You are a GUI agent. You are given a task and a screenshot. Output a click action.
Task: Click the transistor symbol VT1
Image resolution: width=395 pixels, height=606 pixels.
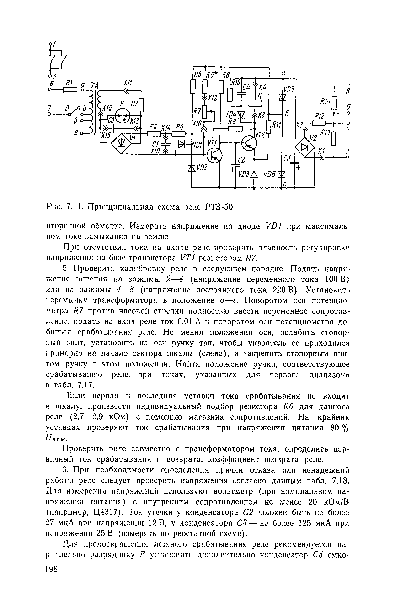pyautogui.click(x=214, y=155)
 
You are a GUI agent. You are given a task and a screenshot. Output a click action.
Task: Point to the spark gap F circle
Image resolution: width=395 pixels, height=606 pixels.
pyautogui.click(x=123, y=116)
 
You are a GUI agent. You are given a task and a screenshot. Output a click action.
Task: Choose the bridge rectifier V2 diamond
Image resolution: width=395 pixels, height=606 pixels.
pyautogui.click(x=305, y=147)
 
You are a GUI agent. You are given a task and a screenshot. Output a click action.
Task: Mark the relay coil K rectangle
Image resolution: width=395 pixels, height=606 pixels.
pyautogui.click(x=255, y=103)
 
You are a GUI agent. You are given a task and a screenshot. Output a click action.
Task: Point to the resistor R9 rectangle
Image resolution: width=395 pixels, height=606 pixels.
pyautogui.click(x=235, y=129)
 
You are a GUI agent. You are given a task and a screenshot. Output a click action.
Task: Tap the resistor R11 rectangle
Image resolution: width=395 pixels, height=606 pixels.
pyautogui.click(x=268, y=126)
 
